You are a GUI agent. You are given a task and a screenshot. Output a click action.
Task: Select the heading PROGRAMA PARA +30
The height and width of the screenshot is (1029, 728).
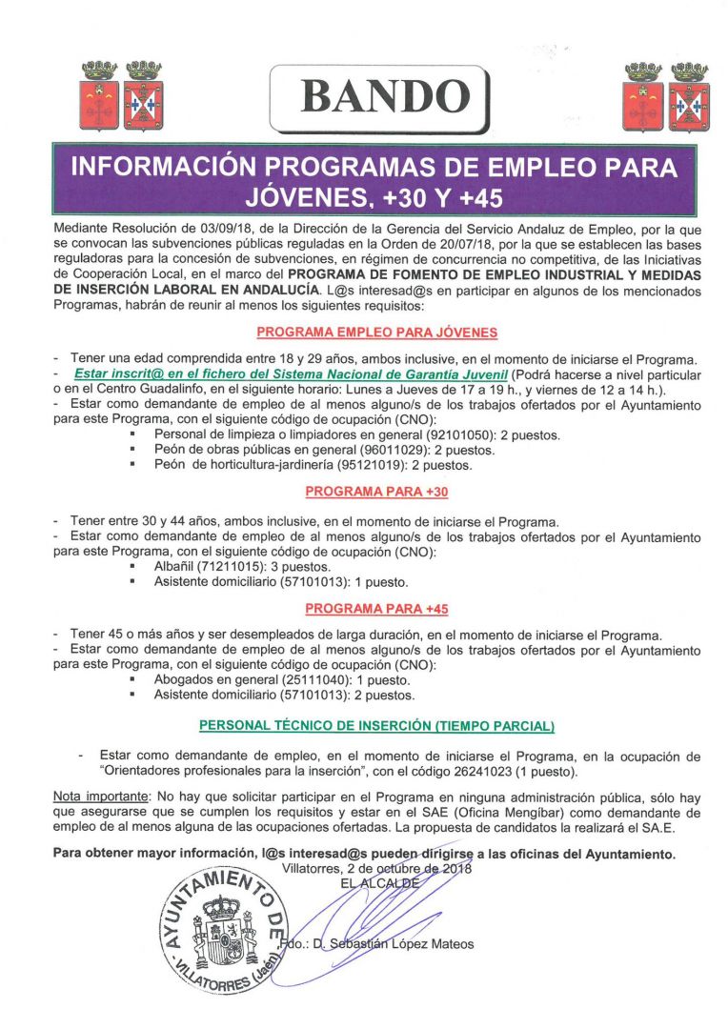375,492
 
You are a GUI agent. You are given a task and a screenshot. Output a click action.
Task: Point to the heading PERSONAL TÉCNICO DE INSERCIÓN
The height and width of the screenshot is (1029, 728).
376,726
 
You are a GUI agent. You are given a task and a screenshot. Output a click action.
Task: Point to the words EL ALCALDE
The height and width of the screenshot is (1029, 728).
379,883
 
